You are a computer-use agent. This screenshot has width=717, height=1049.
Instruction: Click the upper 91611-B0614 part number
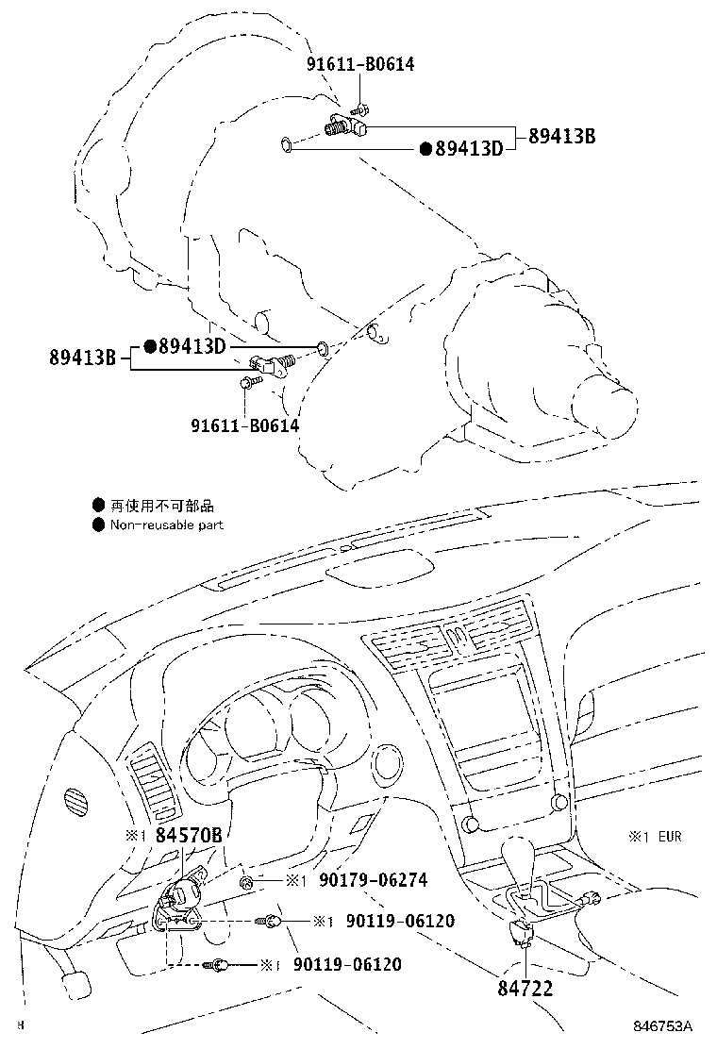click(360, 63)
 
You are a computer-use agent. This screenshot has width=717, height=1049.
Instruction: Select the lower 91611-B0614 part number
click(244, 425)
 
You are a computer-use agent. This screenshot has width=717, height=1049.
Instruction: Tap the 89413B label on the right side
click(562, 136)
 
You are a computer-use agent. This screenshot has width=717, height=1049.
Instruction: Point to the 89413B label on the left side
click(83, 357)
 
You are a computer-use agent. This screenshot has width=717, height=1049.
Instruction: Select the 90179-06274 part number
click(374, 880)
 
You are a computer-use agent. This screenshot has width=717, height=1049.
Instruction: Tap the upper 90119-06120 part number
click(400, 922)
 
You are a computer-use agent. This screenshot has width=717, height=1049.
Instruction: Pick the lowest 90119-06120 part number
click(347, 964)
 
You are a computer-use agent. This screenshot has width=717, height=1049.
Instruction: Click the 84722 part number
click(525, 988)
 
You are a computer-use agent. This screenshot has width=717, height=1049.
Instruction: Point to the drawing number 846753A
click(663, 1026)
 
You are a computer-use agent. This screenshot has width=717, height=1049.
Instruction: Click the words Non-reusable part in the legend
click(167, 525)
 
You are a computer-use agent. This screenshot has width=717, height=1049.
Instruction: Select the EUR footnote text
click(670, 836)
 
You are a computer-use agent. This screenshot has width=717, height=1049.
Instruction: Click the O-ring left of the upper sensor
click(286, 143)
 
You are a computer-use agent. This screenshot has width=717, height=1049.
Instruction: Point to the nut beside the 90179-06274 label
click(247, 882)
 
